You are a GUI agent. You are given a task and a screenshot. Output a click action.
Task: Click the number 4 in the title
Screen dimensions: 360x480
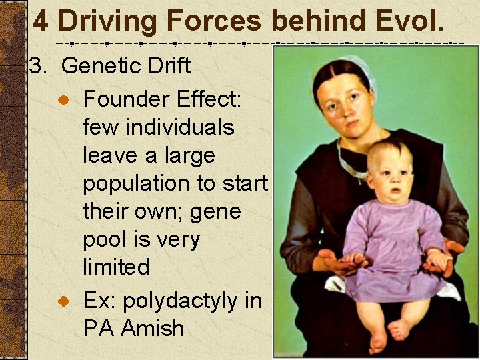(x=41, y=21)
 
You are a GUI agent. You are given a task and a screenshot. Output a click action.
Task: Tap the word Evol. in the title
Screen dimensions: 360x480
(x=405, y=21)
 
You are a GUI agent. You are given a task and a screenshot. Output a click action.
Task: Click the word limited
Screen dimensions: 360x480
(x=115, y=267)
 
